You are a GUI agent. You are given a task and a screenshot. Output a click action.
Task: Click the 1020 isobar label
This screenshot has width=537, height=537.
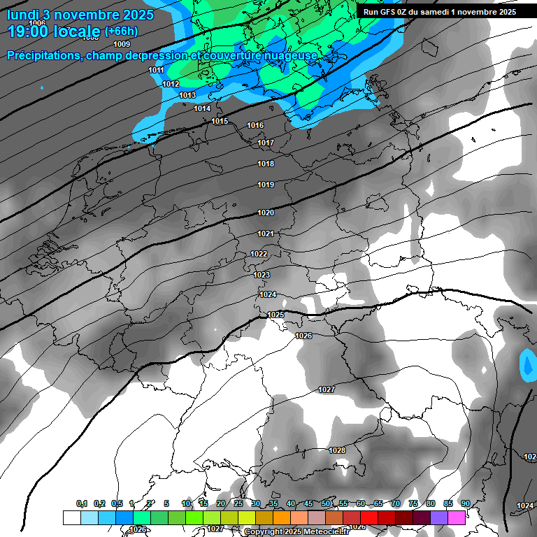click(266, 213)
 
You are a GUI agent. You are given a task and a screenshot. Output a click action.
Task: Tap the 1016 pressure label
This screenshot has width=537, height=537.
click(255, 126)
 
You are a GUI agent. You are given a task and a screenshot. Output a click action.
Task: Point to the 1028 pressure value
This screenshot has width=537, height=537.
click(337, 450)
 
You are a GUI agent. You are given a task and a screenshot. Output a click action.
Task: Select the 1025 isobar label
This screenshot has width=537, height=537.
click(276, 315)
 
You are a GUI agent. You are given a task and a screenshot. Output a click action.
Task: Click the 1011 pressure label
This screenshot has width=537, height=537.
click(157, 71)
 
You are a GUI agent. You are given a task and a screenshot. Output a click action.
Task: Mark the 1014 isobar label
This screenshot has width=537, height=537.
click(202, 108)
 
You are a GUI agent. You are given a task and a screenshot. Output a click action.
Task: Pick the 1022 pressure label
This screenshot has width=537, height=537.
click(259, 254)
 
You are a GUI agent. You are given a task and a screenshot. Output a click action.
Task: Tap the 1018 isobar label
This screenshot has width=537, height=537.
click(266, 164)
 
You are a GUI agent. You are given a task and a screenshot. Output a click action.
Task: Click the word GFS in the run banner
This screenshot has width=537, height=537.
click(390, 12)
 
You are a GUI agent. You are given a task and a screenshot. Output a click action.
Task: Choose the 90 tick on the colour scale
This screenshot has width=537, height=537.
click(465, 503)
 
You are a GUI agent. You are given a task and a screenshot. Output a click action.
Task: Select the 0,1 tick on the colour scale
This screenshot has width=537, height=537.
click(82, 503)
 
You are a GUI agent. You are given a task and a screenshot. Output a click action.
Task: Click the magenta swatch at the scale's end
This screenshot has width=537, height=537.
click(457, 517)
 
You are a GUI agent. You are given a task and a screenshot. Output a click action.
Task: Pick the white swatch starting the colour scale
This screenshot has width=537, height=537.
click(71, 517)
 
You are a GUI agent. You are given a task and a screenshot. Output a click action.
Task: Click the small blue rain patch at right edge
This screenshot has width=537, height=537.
click(528, 365)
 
